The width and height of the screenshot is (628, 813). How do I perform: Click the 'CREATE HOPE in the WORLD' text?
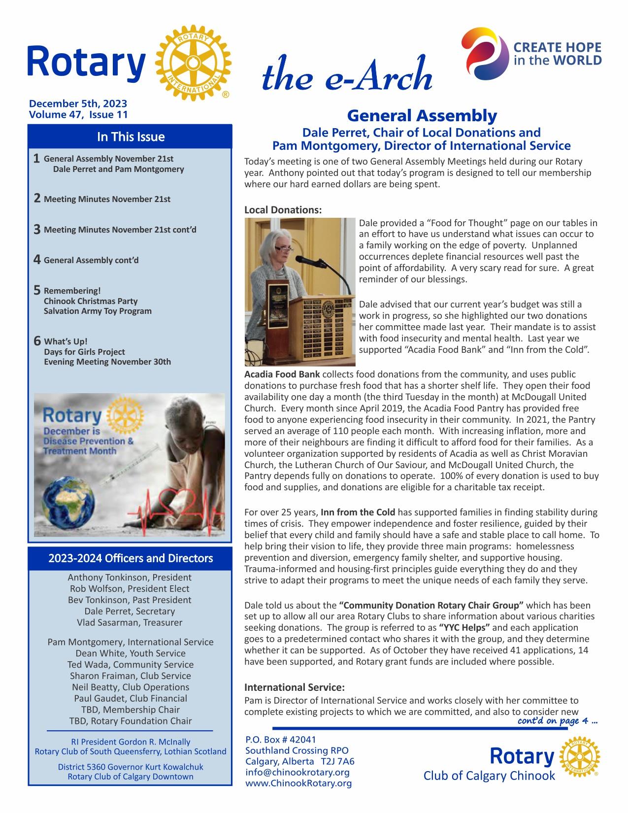[x=557, y=54]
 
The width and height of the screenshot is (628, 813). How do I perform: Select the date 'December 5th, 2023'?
[x=78, y=103]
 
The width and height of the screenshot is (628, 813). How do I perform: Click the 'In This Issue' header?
[x=131, y=136]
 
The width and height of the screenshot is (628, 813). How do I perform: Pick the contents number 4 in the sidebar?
[x=37, y=260]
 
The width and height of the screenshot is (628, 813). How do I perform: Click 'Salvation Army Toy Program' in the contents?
[x=98, y=311]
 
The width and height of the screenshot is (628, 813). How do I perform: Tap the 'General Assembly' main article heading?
[x=422, y=116]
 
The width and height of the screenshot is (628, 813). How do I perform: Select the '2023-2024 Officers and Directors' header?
[x=131, y=558]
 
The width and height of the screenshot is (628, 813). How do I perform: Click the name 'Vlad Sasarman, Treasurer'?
[x=130, y=622]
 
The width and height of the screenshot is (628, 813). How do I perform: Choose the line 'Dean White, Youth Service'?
[x=131, y=653]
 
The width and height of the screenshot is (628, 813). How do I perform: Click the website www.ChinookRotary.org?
[x=298, y=783]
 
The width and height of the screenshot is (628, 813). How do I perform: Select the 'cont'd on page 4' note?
[x=558, y=721]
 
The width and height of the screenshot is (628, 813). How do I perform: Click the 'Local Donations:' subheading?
[x=283, y=210]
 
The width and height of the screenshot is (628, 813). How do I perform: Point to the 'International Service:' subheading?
[x=295, y=687]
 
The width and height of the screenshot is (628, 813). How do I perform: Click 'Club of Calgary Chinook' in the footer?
[x=489, y=776]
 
